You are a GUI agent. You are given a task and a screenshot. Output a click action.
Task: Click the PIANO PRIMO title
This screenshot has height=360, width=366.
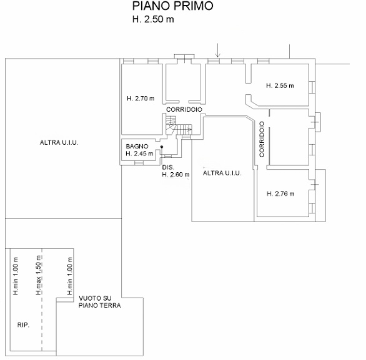[173, 6]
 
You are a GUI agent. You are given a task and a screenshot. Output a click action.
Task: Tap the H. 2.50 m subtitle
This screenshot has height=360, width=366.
[153, 19]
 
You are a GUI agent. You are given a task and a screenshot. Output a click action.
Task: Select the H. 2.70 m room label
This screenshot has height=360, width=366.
[141, 99]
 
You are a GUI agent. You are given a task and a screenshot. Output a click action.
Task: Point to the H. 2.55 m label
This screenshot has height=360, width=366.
[280, 85]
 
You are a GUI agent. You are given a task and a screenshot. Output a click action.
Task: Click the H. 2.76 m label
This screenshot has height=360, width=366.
[280, 194]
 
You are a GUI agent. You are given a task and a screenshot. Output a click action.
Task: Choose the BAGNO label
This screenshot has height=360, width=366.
[137, 147]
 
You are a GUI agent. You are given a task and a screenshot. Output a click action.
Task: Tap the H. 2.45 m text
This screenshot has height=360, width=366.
[139, 153]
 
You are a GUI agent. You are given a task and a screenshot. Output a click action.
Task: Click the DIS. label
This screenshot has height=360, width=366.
[168, 167]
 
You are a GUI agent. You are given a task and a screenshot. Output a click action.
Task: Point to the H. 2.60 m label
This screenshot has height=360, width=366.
[176, 175]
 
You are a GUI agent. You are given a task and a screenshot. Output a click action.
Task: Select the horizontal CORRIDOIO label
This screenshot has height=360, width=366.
[184, 109]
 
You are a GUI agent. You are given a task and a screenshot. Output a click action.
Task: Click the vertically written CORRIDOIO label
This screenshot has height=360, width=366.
[262, 139]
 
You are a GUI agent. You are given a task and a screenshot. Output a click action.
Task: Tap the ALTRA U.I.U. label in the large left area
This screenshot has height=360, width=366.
[59, 142]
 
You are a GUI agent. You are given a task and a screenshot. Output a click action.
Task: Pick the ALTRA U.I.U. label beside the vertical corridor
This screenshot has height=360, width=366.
[222, 173]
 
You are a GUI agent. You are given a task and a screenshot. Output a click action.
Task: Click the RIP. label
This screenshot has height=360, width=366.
[23, 325]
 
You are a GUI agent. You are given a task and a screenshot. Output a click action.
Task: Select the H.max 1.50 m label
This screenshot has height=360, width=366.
[39, 275]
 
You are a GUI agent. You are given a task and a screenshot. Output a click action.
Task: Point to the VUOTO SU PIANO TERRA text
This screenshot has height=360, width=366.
[100, 302]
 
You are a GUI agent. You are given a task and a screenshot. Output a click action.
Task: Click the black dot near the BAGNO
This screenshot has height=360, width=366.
[162, 147]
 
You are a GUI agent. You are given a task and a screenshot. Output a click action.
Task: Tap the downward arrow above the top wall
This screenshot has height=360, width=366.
[217, 50]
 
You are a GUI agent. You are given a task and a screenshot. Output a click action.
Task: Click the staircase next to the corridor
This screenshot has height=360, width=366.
[179, 127]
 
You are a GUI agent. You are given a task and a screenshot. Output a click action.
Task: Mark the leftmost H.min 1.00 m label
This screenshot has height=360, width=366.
[16, 276]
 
